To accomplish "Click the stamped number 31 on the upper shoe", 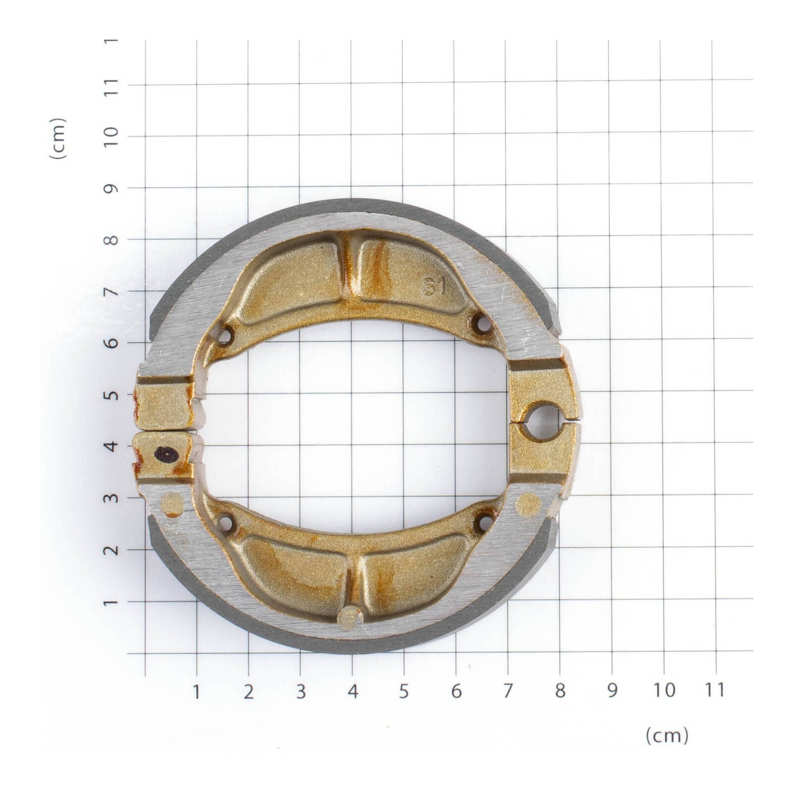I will tap(434, 287).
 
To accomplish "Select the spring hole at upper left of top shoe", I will tap(225, 336).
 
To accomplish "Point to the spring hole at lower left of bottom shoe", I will tap(226, 523).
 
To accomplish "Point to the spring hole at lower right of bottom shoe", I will tap(485, 521).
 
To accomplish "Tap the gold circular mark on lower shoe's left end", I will tap(173, 504).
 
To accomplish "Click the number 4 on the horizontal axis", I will tap(352, 691).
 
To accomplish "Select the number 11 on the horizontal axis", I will tap(714, 689).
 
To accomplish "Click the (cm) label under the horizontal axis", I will tap(667, 736).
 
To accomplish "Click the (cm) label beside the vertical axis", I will tap(58, 138).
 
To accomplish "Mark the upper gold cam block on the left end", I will tap(164, 405).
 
